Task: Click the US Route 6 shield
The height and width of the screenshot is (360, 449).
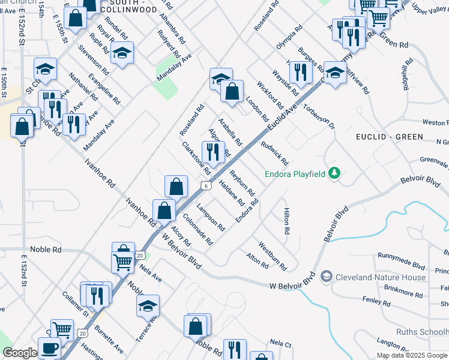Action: [206, 186]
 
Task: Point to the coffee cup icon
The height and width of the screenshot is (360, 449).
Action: [49, 347]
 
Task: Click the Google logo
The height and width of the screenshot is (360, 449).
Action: [20, 353]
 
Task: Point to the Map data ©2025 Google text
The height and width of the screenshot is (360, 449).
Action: [412, 355]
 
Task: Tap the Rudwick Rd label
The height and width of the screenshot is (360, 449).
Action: [275, 154]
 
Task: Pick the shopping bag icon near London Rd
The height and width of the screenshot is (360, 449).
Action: [232, 91]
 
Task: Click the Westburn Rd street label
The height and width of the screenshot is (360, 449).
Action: [273, 256]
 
